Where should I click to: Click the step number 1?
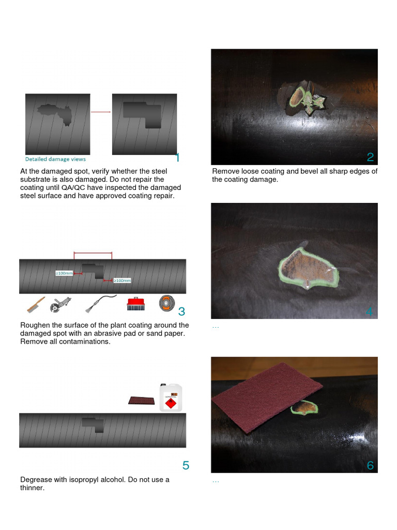177,157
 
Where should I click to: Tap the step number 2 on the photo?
370,157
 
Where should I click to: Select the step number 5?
186,465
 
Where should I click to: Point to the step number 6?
370,465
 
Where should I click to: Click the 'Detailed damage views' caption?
56,159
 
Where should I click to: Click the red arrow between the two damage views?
101,112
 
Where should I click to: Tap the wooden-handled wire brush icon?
36,304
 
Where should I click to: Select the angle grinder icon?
58,304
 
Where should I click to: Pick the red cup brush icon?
135,303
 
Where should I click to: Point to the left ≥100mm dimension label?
64,273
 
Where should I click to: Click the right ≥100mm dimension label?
123,281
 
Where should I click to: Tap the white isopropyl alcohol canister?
171,397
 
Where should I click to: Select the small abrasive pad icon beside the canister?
141,401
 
